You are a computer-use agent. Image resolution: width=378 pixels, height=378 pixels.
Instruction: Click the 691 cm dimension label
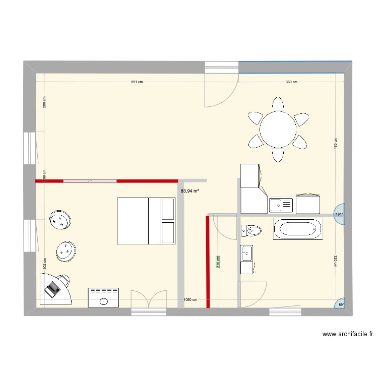pos(137,82)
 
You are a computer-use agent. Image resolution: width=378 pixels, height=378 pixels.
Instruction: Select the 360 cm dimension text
pos(291,82)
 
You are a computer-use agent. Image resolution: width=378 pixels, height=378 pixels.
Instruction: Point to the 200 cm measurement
pos(44,102)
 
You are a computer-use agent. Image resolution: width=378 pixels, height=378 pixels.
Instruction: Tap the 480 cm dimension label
pos(335,144)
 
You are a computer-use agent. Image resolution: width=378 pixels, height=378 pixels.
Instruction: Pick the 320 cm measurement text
pos(335,261)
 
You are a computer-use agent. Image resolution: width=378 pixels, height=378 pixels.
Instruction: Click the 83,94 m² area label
pos(190,191)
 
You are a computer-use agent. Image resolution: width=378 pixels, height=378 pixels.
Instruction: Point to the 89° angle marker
pos(341,304)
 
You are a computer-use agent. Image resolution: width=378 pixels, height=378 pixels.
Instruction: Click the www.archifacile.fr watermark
pos(348,334)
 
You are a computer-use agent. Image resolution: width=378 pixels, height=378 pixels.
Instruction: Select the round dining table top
pos(278,129)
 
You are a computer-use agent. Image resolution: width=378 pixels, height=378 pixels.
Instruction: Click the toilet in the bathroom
pos(251,231)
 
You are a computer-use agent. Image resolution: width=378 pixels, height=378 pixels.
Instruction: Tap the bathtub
pos(297,229)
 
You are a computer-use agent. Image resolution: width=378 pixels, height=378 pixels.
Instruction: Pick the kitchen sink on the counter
pos(281,205)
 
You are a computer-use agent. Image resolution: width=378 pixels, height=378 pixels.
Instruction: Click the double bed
pos(146,221)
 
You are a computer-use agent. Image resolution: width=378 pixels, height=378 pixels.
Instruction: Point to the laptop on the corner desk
pos(52,289)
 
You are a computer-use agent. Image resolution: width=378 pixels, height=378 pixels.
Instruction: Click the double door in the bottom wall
pos(148,301)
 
